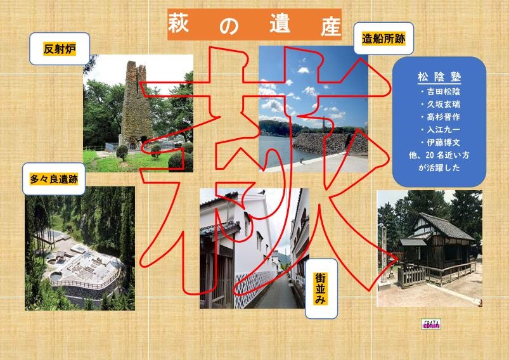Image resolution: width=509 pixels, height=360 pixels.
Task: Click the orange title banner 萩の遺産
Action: pos(255,25)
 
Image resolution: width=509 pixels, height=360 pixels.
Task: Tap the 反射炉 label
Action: pos(60,49)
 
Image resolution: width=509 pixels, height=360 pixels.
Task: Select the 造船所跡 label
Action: pos(383,39)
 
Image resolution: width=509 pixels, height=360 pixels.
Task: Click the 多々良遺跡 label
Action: pos(54,179)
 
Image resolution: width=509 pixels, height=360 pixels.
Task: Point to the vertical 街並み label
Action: pos(321,288)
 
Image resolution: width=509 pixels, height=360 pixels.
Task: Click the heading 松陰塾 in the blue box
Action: pos(439,77)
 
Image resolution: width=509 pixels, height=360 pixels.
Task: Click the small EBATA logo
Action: pos(431,324)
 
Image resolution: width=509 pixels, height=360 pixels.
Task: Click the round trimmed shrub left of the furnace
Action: pos(122,152)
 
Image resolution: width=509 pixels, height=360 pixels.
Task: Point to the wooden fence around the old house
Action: pos(438,273)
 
